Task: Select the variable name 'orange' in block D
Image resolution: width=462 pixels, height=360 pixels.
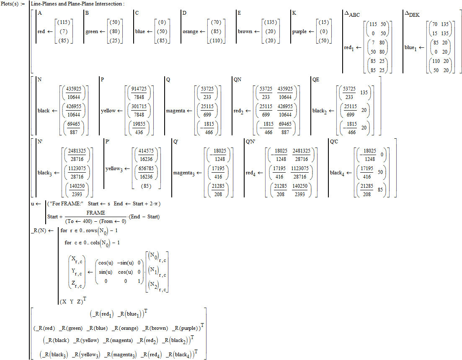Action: pyautogui.click(x=191, y=31)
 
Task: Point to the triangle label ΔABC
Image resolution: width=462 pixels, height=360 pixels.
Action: pyautogui.click(x=352, y=15)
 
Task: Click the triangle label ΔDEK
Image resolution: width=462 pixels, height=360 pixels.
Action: pyautogui.click(x=412, y=15)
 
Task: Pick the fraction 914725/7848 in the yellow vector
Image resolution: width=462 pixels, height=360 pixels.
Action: pyautogui.click(x=139, y=93)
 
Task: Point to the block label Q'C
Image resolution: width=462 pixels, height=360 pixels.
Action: pyautogui.click(x=334, y=142)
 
